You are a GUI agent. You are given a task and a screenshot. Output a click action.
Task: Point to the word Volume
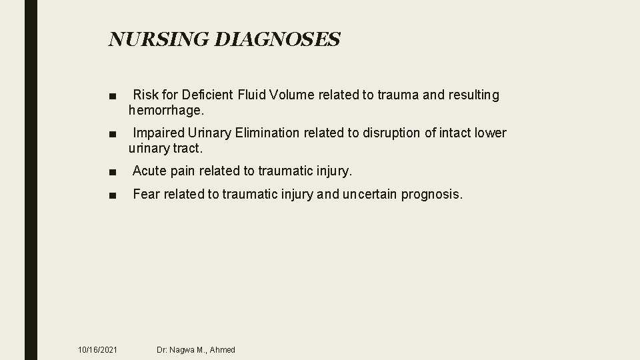click(x=294, y=95)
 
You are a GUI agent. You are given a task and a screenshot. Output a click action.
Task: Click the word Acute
click(x=149, y=171)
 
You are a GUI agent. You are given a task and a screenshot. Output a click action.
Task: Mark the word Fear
click(x=146, y=195)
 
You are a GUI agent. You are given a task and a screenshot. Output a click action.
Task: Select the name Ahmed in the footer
click(x=222, y=349)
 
